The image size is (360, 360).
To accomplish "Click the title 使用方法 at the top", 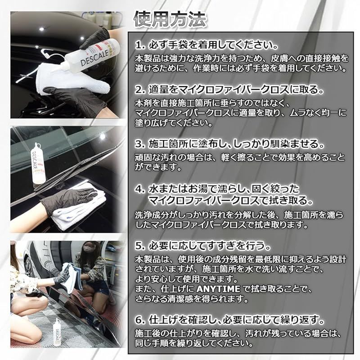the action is [170, 19].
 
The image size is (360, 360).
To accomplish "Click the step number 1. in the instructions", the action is [140, 45].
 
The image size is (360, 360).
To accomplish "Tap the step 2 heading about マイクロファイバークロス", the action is [229, 90].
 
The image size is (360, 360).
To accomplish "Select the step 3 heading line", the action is [229, 144].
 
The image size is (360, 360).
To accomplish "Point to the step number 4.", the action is [140, 189].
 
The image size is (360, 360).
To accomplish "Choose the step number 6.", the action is [140, 320].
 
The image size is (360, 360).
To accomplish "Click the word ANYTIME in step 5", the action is [218, 289].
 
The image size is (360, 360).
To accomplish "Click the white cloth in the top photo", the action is [71, 79].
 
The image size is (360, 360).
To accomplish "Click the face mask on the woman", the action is [85, 248].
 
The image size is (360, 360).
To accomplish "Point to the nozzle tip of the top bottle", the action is [42, 51].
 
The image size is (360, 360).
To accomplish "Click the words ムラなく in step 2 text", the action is [305, 113].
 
